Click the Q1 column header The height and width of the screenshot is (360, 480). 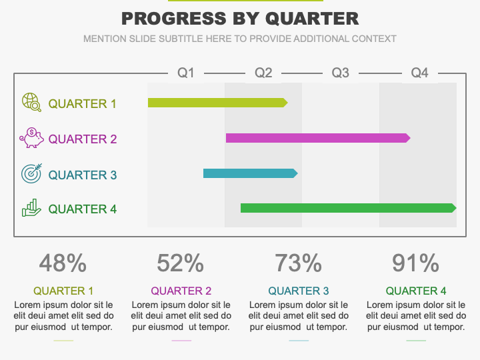point(186,73)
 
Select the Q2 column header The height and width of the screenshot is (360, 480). point(263,73)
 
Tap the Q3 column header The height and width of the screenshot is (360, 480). point(341,73)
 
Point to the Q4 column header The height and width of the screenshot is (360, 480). point(420,73)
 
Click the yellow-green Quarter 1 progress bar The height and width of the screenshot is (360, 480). point(217,103)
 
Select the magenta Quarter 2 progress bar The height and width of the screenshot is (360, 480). point(318,138)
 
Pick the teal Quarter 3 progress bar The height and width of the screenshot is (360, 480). point(251,173)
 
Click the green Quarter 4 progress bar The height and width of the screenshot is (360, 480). point(349,208)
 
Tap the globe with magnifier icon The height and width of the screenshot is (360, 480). point(31,102)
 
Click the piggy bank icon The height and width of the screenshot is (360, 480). point(31,138)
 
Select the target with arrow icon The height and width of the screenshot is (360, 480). point(31,173)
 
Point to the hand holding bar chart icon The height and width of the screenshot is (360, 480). point(31,208)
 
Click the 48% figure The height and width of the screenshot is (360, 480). point(63,263)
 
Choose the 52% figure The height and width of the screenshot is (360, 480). point(180,263)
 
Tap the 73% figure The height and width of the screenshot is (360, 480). point(298,263)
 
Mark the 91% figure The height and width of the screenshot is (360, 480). point(416,263)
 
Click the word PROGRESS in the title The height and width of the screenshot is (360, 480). point(174,19)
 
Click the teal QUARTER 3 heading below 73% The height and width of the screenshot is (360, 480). point(299,291)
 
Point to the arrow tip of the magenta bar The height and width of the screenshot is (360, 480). point(410,138)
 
